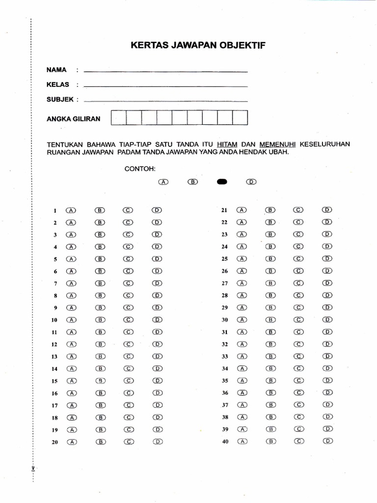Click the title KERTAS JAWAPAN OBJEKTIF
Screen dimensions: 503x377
pos(198,46)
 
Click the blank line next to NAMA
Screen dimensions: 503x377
pos(165,72)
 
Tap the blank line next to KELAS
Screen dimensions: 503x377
pos(165,86)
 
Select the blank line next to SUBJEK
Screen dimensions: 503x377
pos(165,101)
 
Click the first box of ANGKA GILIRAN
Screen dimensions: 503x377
pos(119,118)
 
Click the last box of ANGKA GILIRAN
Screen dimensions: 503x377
pos(240,118)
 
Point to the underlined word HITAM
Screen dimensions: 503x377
pos(228,144)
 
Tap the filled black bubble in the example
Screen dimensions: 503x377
pos(222,182)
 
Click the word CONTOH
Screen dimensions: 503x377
pos(140,168)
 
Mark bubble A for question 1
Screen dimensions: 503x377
pos(71,210)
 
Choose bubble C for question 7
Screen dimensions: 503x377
pos(129,283)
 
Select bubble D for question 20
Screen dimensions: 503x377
pos(157,442)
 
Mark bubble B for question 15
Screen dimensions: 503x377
pos(100,381)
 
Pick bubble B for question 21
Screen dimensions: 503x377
pos(270,210)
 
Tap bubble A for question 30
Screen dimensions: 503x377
pos(242,320)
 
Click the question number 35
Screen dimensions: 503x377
pos(225,381)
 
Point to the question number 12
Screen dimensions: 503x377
pos(54,345)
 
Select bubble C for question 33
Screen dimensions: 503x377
pos(299,356)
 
